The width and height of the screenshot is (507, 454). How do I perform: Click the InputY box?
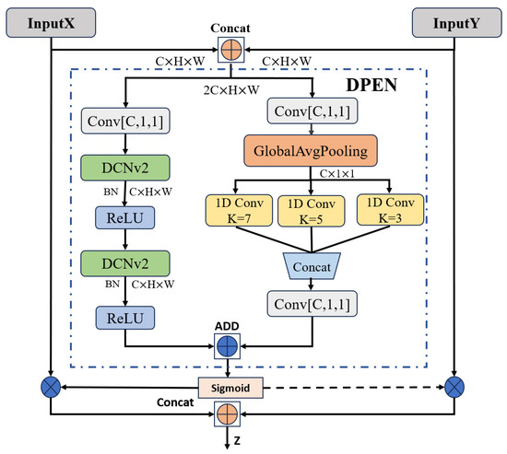coord(454,22)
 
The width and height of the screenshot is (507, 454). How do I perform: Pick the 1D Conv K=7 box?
coord(237,210)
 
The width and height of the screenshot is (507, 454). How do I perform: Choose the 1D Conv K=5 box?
coord(313,210)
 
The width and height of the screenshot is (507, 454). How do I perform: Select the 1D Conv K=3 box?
coord(389,210)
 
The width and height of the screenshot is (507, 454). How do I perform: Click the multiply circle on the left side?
coord(48,383)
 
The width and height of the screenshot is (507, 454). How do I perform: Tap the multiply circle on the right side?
coord(454,383)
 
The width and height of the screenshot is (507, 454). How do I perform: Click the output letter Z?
coord(239,440)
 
